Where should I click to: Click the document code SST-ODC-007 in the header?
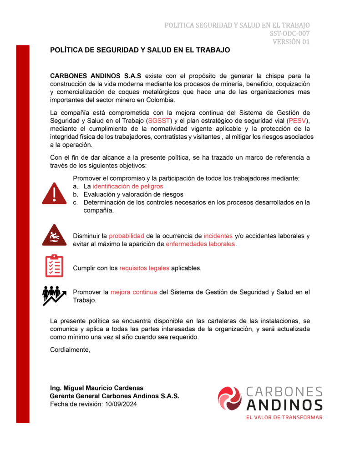[289, 33]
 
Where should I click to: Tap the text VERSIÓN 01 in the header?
[291, 42]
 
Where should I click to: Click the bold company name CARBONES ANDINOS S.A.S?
[96, 76]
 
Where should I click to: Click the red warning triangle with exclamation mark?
[54, 193]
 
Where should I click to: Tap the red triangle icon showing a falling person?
[54, 235]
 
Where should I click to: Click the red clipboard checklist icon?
[54, 266]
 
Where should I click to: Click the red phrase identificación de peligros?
[127, 187]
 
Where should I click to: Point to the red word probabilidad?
[126, 236]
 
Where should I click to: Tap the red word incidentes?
[218, 236]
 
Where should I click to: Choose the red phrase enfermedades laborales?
[200, 244]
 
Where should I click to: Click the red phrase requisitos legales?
[144, 268]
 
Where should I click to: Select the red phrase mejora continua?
[133, 292]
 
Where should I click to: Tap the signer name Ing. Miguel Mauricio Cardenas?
[96, 388]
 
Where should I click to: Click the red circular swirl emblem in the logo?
[229, 398]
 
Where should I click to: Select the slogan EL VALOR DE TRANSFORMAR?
[284, 417]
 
